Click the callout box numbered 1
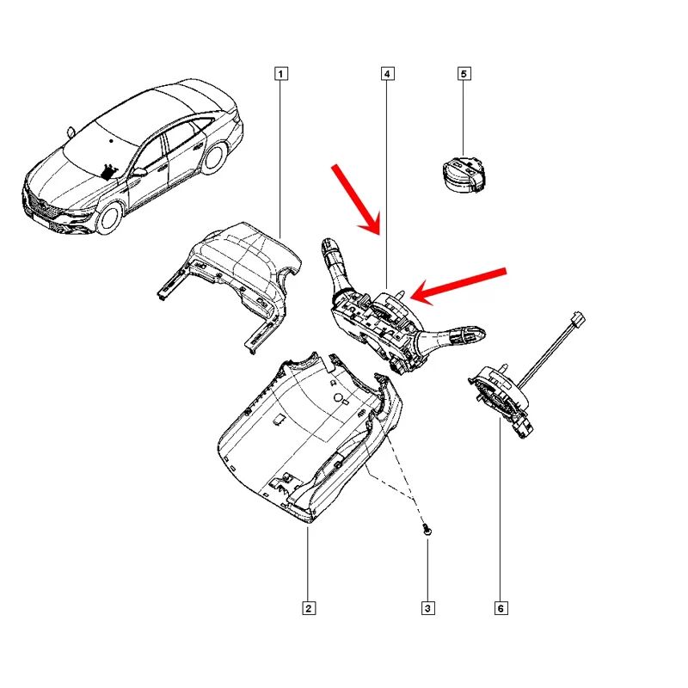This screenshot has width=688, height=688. pyautogui.click(x=281, y=74)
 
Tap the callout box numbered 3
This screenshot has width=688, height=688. pyautogui.click(x=427, y=609)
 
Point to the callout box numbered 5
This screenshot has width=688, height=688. pyautogui.click(x=464, y=74)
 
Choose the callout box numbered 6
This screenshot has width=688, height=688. pyautogui.click(x=501, y=609)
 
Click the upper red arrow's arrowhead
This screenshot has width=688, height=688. pyautogui.click(x=375, y=229)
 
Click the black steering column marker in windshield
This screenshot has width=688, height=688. pyautogui.click(x=108, y=170)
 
